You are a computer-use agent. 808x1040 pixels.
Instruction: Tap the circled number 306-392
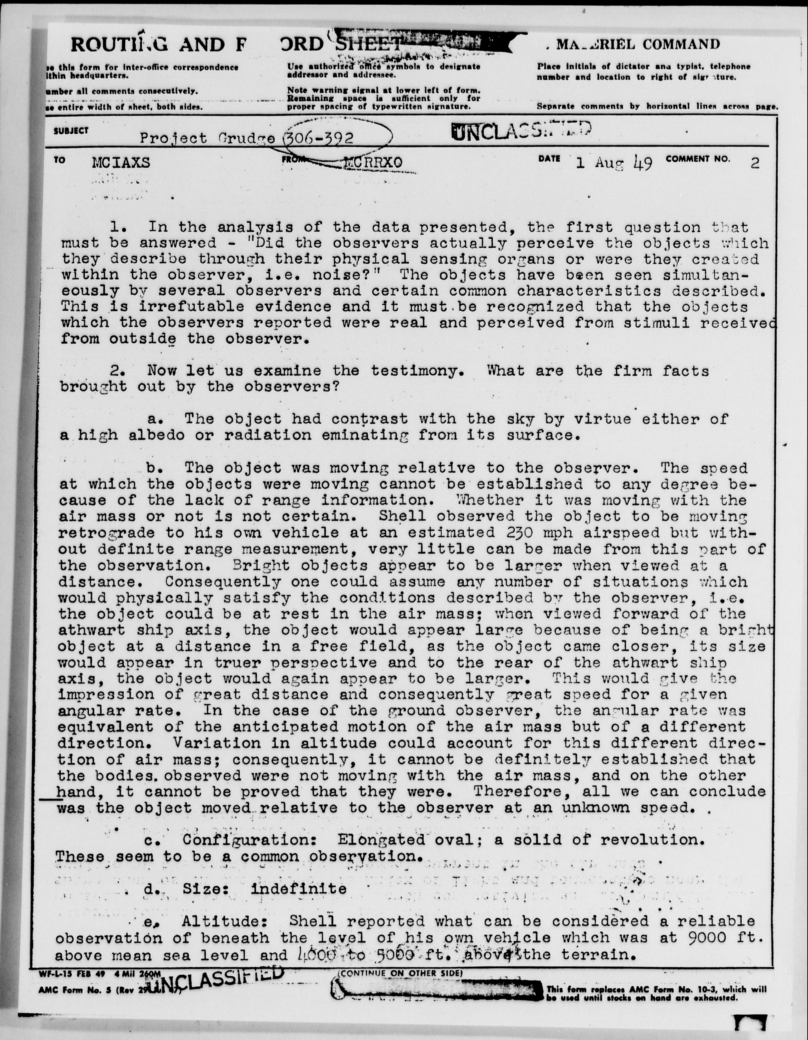319,139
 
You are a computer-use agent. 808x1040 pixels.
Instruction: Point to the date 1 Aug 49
614,163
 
